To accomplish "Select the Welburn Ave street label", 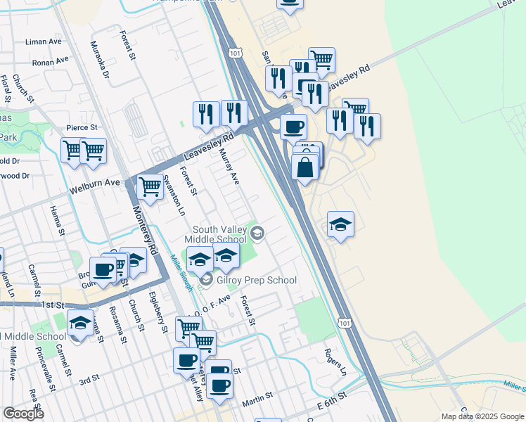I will point(95,186).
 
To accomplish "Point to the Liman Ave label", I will point(44,42).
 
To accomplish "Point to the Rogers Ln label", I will point(335,360).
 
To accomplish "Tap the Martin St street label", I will point(257,402).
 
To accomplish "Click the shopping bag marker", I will point(304,169).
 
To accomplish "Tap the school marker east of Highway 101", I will point(340,224).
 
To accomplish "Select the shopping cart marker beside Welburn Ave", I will point(150,186).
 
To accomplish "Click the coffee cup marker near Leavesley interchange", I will point(293,127).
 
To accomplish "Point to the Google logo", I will point(23,414).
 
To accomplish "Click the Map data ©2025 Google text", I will point(482,416).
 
